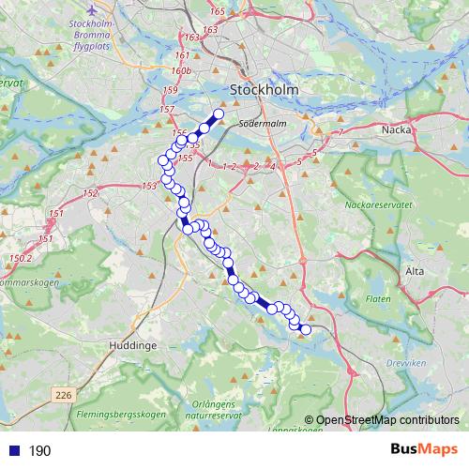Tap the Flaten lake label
[x=378, y=300]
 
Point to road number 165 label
[x=218, y=11]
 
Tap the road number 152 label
[x=90, y=193]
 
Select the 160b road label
[x=181, y=70]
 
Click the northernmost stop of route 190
[x=219, y=115]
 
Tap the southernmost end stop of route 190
[x=305, y=329]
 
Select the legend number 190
[x=39, y=451]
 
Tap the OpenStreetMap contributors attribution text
[x=386, y=420]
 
